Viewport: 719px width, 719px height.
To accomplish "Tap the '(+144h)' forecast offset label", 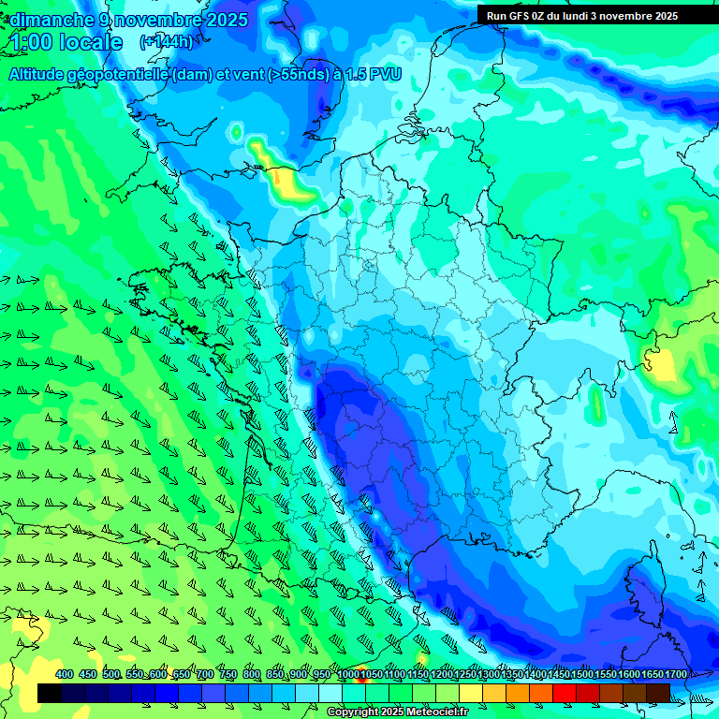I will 166,41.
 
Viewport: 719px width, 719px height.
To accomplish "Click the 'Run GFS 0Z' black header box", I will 581,15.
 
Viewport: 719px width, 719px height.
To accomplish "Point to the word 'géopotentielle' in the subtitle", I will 123,74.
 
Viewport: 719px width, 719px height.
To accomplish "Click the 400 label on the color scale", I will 65,675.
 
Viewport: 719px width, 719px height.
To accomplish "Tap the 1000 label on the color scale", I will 348,675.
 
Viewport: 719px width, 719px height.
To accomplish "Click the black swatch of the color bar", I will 50,693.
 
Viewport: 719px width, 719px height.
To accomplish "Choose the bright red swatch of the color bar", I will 565,693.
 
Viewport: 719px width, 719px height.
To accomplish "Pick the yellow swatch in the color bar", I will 471,693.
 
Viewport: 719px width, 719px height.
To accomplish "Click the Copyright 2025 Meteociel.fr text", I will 397,712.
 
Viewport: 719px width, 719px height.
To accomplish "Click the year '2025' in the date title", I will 227,20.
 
